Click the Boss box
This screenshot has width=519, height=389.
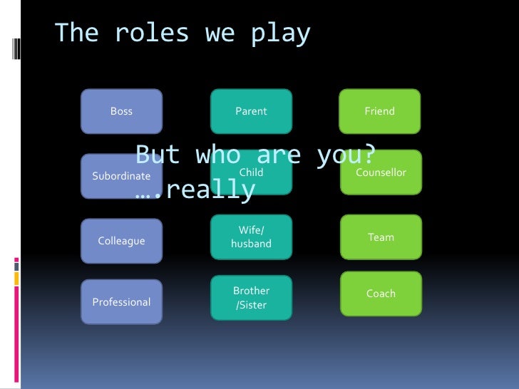click(121, 111)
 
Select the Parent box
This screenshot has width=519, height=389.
click(251, 111)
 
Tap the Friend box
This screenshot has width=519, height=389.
click(379, 111)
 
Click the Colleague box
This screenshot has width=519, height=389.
click(121, 241)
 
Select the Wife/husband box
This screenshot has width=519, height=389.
click(251, 237)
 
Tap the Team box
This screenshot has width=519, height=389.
click(381, 237)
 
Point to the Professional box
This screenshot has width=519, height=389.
click(121, 302)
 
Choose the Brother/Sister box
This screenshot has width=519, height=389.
click(251, 298)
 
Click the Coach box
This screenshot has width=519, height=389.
click(381, 294)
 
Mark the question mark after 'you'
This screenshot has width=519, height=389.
click(369, 155)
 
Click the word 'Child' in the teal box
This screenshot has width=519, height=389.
click(252, 172)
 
